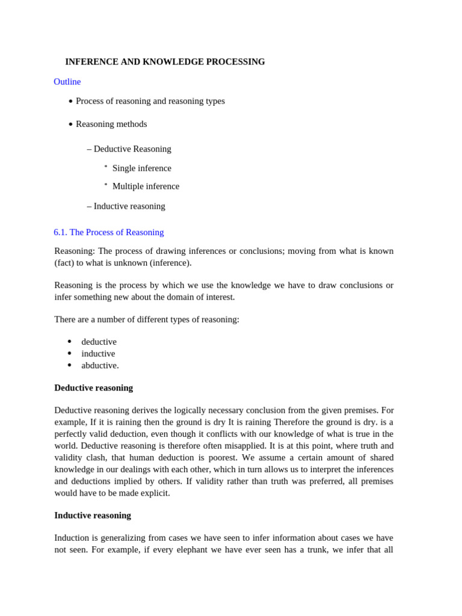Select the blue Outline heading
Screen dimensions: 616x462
click(x=67, y=82)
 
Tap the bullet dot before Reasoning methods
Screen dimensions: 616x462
click(x=70, y=125)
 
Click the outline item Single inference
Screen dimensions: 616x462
click(x=141, y=168)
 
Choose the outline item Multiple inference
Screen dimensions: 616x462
click(x=146, y=186)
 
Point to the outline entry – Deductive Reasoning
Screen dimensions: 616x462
click(x=129, y=149)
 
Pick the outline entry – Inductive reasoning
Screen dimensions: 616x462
click(x=126, y=206)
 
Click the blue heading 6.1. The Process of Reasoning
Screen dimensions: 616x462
click(x=108, y=232)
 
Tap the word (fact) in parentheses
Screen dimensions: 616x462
click(x=66, y=263)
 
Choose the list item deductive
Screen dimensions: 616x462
click(x=99, y=342)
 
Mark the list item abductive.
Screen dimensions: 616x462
click(x=100, y=365)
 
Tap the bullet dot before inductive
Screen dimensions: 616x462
click(x=70, y=354)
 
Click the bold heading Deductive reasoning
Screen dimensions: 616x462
click(x=93, y=388)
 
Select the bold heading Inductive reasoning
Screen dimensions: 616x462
click(x=92, y=516)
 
